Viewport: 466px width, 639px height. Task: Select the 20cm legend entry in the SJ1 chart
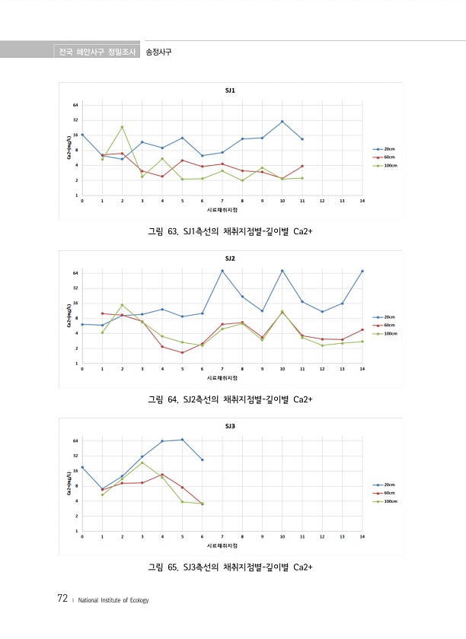point(384,149)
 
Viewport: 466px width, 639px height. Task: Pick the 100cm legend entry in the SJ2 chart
point(384,333)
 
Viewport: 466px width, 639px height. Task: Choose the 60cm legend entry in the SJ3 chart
point(384,493)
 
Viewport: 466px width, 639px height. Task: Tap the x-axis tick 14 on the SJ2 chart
point(362,369)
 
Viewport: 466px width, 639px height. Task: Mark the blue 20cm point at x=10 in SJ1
point(282,122)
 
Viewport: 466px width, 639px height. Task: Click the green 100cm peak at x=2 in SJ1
point(122,127)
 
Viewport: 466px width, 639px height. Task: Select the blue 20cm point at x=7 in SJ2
point(222,271)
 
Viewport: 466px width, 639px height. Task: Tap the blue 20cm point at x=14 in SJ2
point(362,271)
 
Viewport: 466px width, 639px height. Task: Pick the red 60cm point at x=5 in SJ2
point(182,353)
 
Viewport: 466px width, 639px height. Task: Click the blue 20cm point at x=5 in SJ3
point(182,440)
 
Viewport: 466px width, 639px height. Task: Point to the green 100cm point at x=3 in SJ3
point(142,463)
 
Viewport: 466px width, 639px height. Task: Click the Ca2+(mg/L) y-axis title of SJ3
point(69,485)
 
